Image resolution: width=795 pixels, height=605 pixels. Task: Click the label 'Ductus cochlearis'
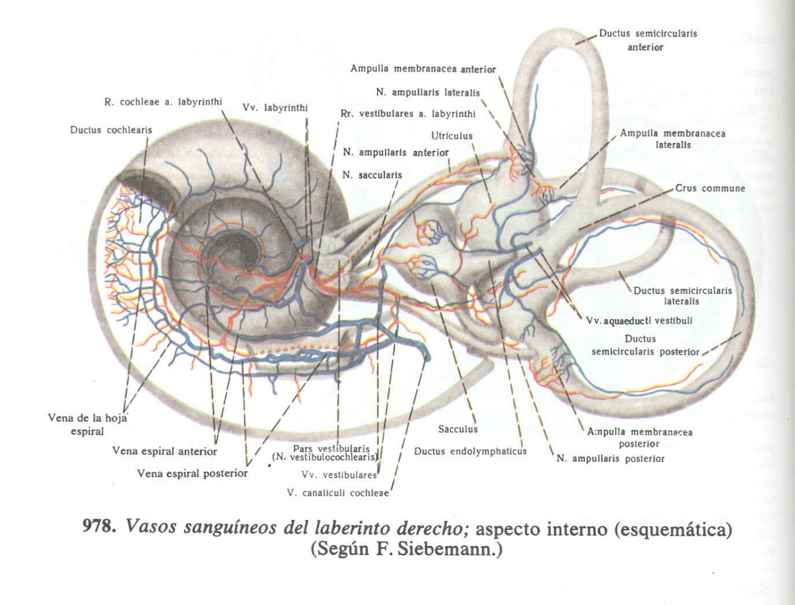pos(111,130)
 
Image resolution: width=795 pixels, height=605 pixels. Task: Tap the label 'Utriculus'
pos(452,136)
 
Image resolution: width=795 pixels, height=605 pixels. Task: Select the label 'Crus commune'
pos(710,188)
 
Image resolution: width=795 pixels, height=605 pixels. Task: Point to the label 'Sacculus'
pos(458,429)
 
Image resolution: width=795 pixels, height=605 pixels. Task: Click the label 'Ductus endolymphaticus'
pos(470,452)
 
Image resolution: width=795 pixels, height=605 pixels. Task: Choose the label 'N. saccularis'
pos(372,175)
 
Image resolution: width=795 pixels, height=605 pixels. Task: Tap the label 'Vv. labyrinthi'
pos(275,108)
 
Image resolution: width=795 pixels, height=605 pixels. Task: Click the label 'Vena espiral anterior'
pos(165,452)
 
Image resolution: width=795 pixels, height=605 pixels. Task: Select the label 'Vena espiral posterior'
pos(192,474)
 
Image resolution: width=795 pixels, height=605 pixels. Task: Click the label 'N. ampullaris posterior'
pos(611,459)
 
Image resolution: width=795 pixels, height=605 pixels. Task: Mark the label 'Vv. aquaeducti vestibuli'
pos(639,321)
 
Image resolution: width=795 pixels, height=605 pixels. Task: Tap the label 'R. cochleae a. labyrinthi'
pos(163,102)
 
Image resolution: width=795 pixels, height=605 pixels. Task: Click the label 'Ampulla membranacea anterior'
pos(423,69)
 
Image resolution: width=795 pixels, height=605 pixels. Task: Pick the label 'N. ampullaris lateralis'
pos(428,93)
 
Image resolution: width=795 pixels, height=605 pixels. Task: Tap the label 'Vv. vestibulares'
pos(339,475)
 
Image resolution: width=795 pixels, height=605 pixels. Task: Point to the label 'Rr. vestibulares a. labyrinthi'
pos(408,114)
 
